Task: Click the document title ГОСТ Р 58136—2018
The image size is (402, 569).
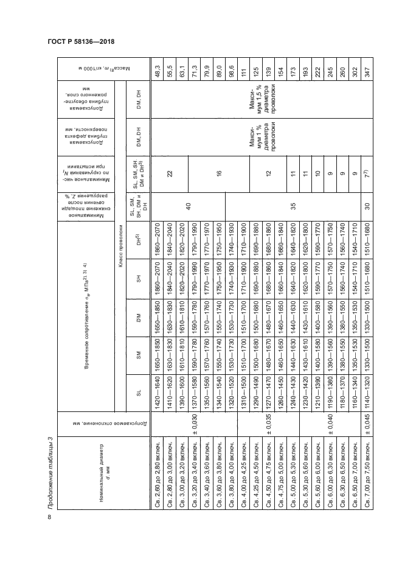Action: click(81, 41)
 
